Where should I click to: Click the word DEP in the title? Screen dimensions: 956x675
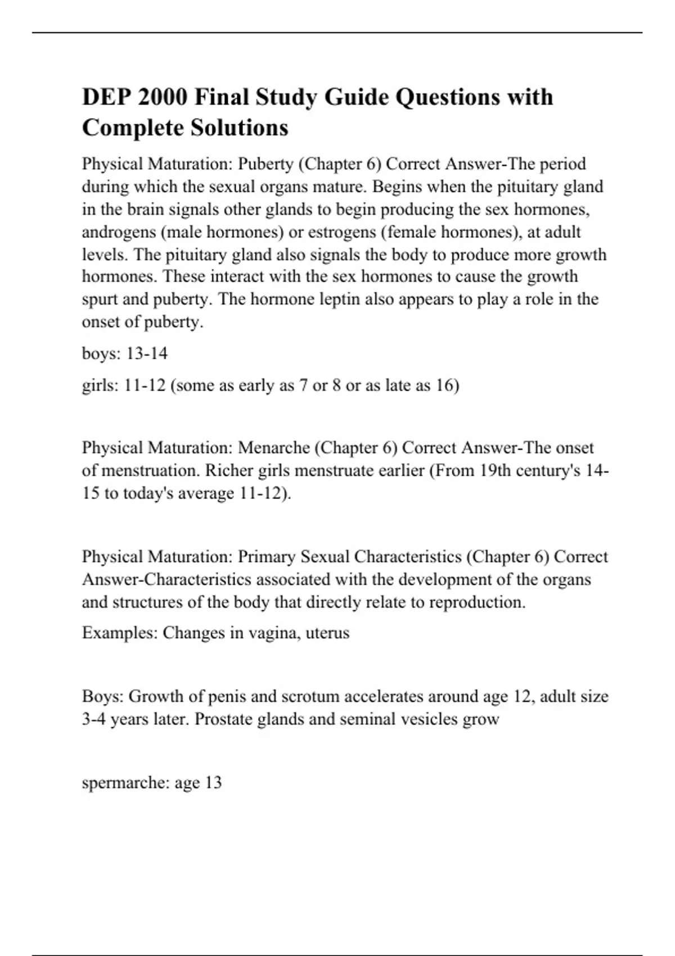click(x=105, y=97)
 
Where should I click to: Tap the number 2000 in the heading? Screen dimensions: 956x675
click(x=162, y=97)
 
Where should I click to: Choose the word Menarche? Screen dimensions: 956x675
click(x=274, y=448)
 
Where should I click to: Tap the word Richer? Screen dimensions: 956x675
click(x=229, y=470)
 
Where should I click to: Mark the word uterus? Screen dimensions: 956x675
click(x=327, y=633)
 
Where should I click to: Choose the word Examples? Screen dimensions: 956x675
click(x=120, y=633)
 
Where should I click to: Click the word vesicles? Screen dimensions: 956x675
click(x=429, y=719)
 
